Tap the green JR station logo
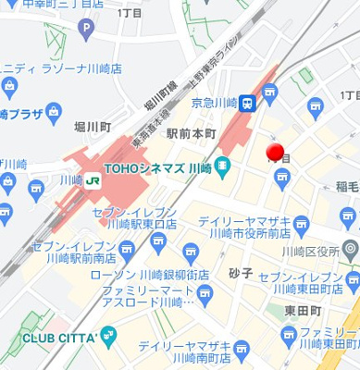(x=93, y=181)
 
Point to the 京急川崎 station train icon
(x=247, y=104)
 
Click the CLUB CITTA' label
(x=51, y=334)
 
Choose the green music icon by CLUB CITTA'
(x=108, y=334)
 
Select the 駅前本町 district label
(x=191, y=134)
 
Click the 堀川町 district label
(x=94, y=127)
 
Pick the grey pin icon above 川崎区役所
(x=350, y=249)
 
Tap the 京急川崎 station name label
(x=214, y=103)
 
